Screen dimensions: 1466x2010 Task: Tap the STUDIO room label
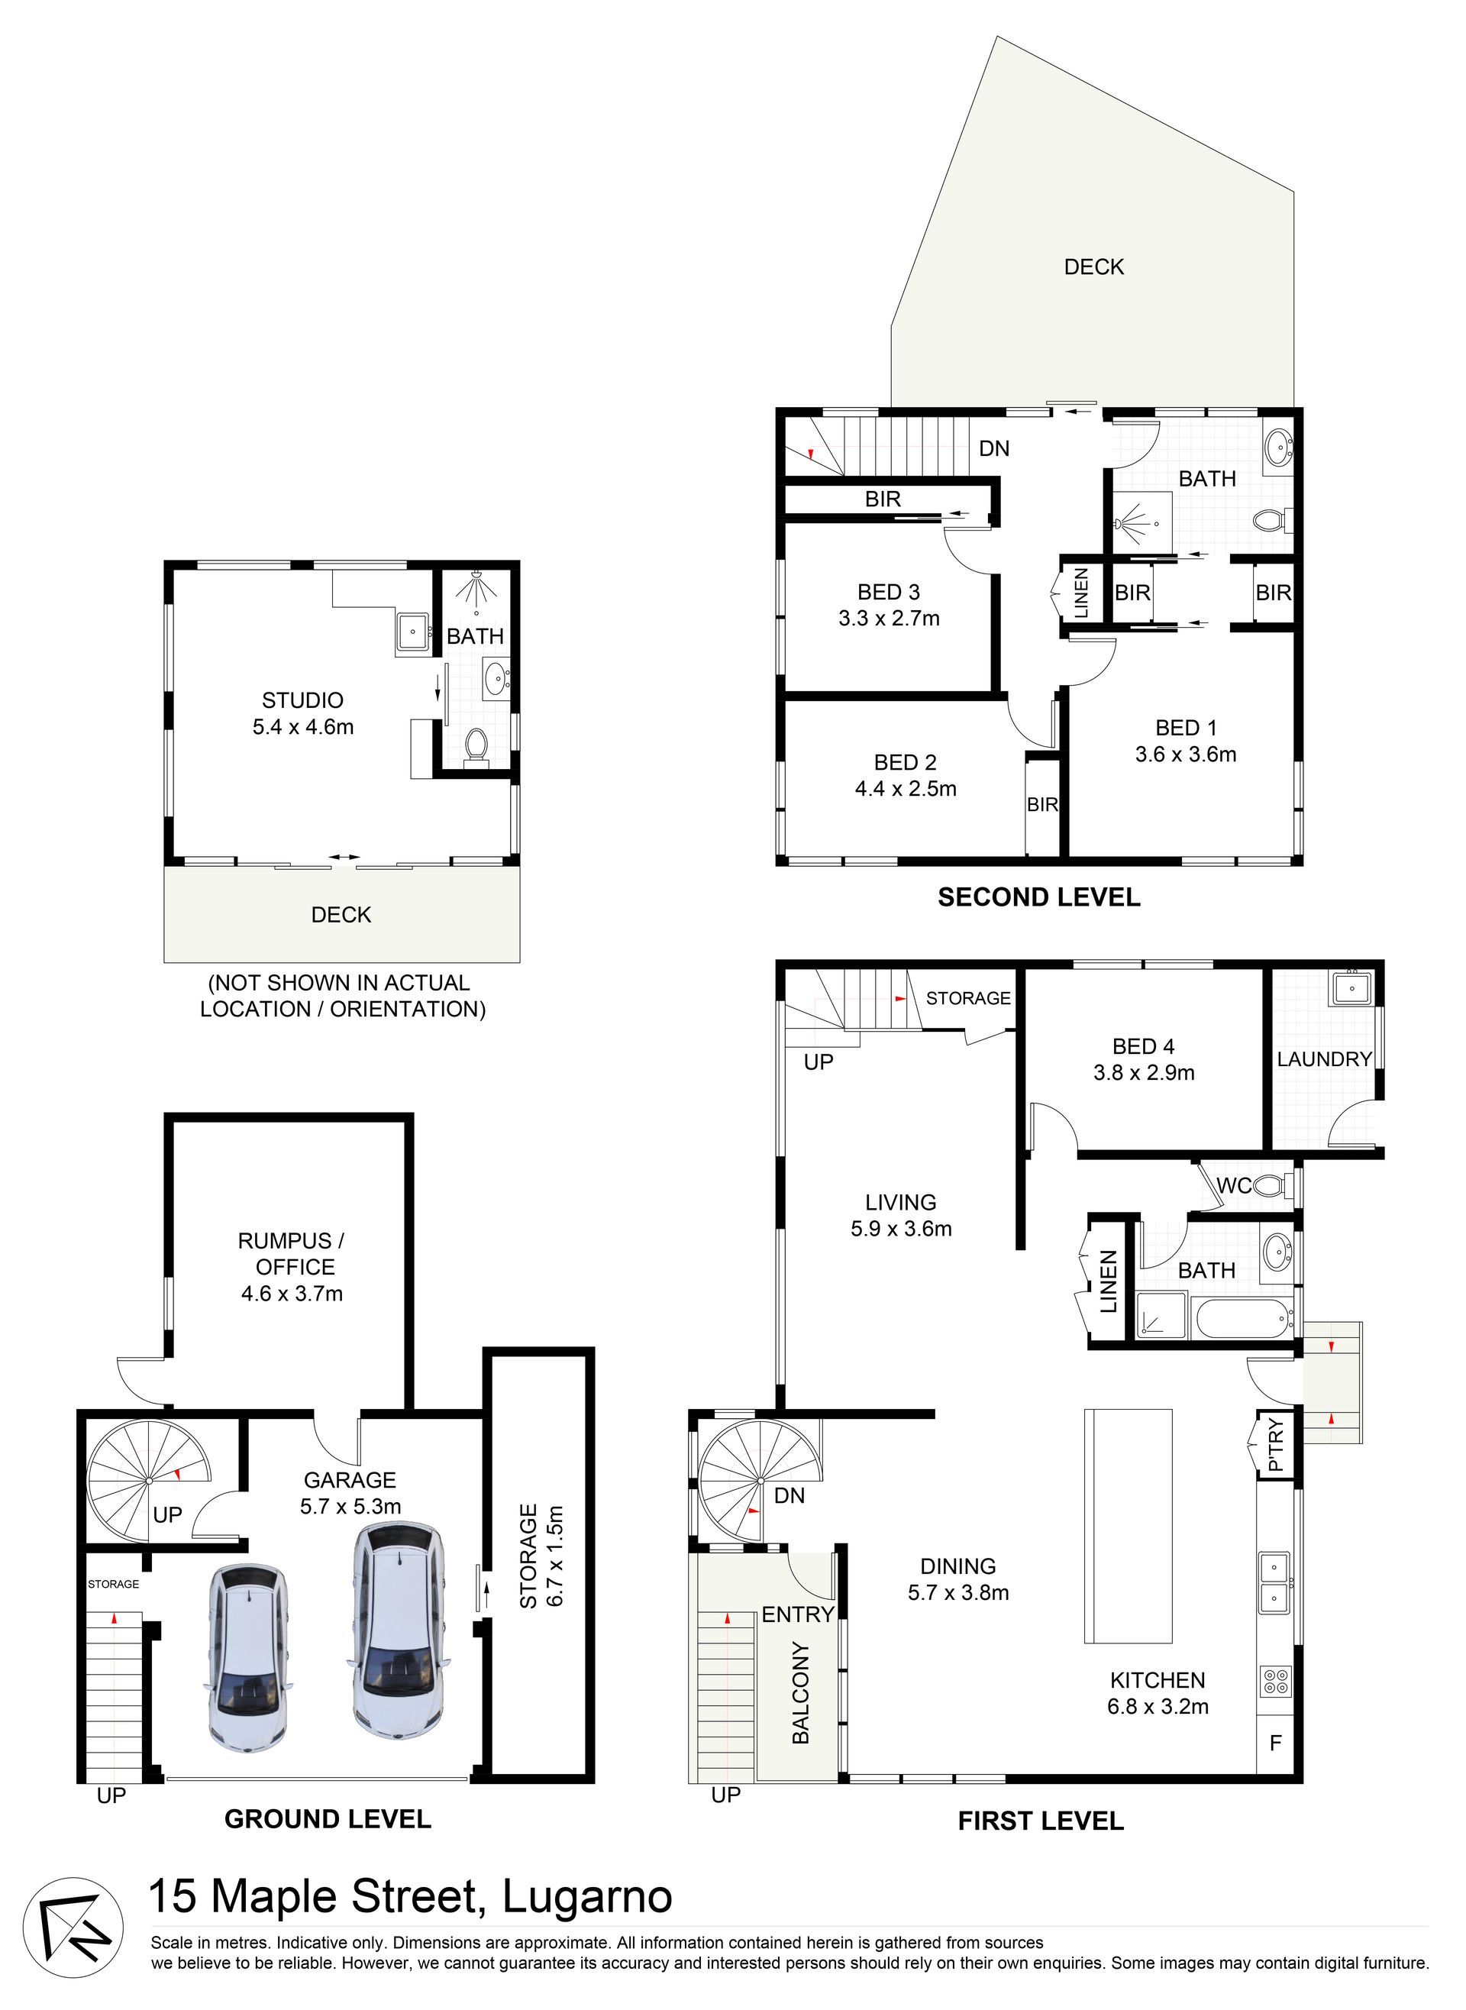pyautogui.click(x=302, y=700)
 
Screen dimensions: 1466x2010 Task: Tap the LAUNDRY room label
pyautogui.click(x=1324, y=1058)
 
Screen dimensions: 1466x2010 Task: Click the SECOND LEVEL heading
pyautogui.click(x=1038, y=897)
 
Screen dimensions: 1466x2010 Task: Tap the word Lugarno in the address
pyautogui.click(x=587, y=1896)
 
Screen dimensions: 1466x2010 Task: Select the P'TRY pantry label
pyautogui.click(x=1276, y=1447)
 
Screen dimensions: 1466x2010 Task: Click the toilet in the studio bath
pyautogui.click(x=476, y=745)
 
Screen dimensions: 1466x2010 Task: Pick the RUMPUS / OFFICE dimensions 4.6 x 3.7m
pyautogui.click(x=292, y=1293)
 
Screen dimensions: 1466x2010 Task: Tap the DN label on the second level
pyautogui.click(x=994, y=448)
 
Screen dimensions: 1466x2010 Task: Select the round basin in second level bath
pyautogui.click(x=1279, y=448)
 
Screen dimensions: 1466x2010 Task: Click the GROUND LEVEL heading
pyautogui.click(x=328, y=1819)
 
